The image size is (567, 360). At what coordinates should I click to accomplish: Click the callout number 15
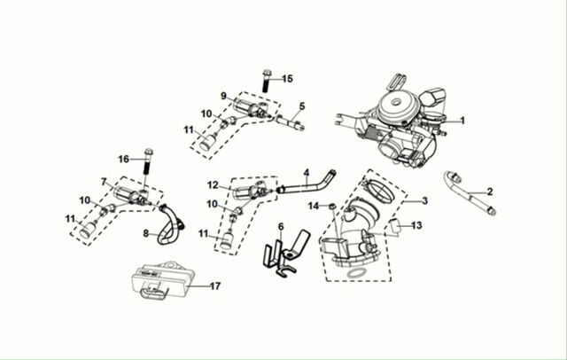coord(287,79)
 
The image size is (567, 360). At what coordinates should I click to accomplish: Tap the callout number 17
coord(215,286)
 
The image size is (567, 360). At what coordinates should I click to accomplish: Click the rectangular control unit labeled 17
coord(162,280)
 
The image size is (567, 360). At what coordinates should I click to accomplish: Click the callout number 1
coord(462,121)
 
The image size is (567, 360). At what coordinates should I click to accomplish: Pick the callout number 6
coord(281,227)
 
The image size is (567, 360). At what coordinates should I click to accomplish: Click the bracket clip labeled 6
coord(284,254)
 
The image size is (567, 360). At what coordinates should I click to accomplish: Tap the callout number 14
coord(313,206)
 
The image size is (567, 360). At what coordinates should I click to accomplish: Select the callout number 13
coord(416,225)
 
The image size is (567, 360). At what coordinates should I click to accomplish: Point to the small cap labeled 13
coord(395,226)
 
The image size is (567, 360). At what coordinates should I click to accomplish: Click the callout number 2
coord(490,192)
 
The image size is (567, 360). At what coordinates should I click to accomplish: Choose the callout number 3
coord(425,200)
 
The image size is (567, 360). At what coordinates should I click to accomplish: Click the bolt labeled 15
coord(267,81)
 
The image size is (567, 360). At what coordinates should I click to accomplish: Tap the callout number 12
coord(213,185)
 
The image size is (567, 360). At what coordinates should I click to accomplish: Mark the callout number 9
coord(223,96)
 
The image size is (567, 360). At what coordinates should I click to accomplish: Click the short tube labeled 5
coord(291,121)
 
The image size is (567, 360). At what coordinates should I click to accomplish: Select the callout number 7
coord(105,182)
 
